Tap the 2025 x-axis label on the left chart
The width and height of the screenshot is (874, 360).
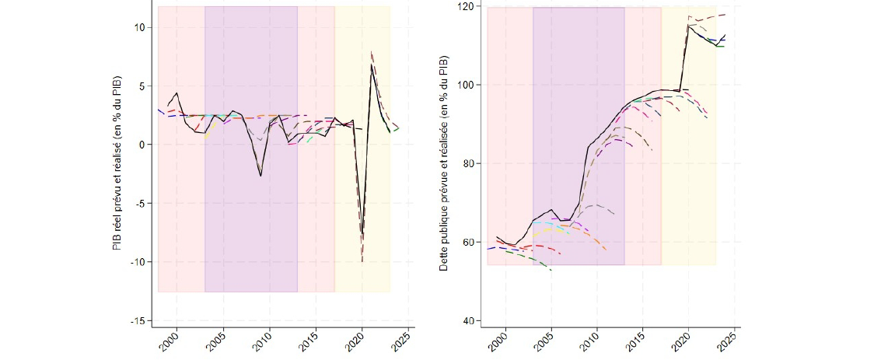pyautogui.click(x=400, y=341)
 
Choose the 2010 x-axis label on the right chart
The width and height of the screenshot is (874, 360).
pyautogui.click(x=592, y=341)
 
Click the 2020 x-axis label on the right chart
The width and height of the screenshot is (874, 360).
pyautogui.click(x=683, y=341)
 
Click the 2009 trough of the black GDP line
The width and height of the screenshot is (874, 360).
pyautogui.click(x=261, y=177)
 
